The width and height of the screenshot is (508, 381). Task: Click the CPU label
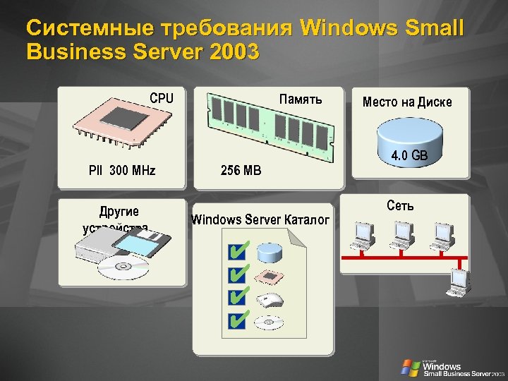161,99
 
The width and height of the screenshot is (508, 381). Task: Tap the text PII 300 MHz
122,170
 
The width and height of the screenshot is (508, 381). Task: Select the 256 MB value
241,170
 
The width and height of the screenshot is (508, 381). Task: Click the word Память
301,99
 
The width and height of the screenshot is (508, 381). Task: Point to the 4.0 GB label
409,155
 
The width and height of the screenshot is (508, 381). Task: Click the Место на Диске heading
407,102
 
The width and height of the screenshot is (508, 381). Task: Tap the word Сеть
401,206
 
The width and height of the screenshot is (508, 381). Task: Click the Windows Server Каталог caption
260,219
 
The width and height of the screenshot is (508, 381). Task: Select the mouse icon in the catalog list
270,299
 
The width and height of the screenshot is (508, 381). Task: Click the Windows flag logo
410,367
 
